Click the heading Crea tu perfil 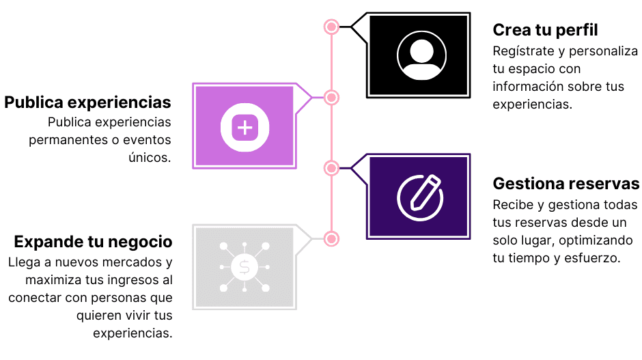click(545, 30)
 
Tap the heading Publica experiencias click(87, 102)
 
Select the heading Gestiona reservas click(566, 184)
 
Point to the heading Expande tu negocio click(93, 242)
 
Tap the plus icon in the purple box click(245, 126)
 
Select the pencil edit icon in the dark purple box click(420, 197)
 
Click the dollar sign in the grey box click(245, 267)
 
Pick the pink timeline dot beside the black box click(331, 27)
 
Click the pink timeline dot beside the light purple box click(331, 98)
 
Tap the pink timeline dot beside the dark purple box click(331, 168)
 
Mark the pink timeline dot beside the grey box click(331, 238)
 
